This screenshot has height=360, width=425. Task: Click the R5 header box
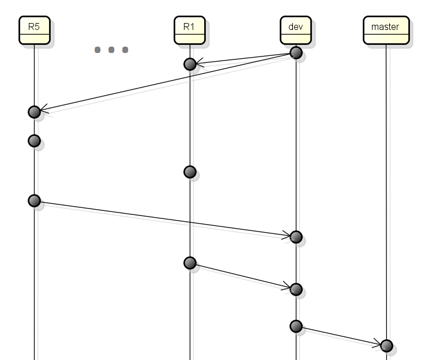click(35, 30)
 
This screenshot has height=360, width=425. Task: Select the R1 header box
click(190, 30)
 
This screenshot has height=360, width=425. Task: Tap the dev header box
click(296, 30)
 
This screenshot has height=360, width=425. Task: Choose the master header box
click(386, 30)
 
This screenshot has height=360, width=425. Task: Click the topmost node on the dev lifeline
click(296, 52)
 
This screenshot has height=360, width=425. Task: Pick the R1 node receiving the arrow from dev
click(190, 65)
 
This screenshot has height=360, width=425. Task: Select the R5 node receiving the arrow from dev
click(35, 112)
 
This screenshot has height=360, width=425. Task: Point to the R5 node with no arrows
click(35, 141)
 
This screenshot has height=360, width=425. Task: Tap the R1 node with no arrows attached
click(190, 172)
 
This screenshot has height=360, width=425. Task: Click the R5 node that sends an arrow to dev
click(35, 201)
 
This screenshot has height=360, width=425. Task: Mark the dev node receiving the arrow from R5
click(296, 237)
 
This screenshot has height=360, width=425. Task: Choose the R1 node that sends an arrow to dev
click(190, 263)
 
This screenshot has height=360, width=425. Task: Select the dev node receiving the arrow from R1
click(296, 289)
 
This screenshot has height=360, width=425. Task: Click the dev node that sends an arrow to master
click(296, 326)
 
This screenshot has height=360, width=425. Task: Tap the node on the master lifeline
click(386, 346)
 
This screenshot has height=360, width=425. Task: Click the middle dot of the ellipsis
click(111, 50)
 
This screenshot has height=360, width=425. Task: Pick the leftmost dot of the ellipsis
click(97, 50)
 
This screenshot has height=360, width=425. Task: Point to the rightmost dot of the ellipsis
click(125, 50)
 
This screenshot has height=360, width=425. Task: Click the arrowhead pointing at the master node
click(377, 343)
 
